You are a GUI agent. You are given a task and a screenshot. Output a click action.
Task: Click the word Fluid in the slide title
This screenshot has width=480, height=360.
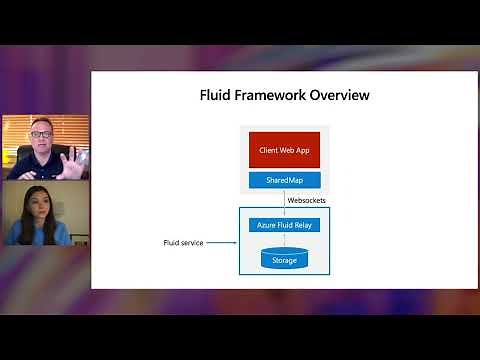click(x=216, y=96)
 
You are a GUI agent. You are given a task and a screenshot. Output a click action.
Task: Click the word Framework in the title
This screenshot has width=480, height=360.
click(x=272, y=96)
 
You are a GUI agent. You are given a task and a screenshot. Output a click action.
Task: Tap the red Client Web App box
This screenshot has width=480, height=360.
click(x=284, y=149)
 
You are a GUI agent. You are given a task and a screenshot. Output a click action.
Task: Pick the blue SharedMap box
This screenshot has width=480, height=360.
click(x=284, y=180)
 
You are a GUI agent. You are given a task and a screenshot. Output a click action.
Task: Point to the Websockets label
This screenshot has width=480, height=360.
click(x=306, y=200)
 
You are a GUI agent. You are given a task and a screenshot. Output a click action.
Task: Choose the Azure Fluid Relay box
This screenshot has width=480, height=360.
click(x=284, y=225)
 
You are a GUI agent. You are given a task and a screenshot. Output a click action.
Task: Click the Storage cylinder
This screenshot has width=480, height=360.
click(x=284, y=259)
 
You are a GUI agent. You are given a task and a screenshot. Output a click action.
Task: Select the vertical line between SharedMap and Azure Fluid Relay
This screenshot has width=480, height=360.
click(x=284, y=200)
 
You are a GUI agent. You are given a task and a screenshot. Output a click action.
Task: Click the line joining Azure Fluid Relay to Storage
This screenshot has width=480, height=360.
click(x=284, y=240)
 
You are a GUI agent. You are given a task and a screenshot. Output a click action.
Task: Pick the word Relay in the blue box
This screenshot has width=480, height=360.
click(x=304, y=225)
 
